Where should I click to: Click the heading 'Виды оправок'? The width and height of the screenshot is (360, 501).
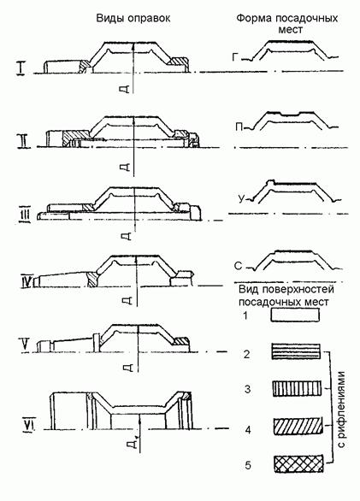pyautogui.click(x=133, y=19)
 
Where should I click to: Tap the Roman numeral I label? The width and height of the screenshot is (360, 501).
pyautogui.click(x=21, y=68)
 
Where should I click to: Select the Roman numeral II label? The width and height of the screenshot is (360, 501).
pyautogui.click(x=24, y=141)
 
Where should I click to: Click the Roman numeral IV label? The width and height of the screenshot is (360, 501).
pyautogui.click(x=27, y=281)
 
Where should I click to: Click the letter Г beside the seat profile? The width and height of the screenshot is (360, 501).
pyautogui.click(x=235, y=57)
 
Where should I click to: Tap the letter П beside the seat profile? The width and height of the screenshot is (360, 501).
pyautogui.click(x=239, y=127)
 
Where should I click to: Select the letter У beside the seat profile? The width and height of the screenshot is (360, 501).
pyautogui.click(x=241, y=199)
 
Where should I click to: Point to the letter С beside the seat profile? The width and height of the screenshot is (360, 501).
pyautogui.click(x=238, y=266)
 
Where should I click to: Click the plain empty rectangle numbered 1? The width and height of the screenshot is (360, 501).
pyautogui.click(x=295, y=315)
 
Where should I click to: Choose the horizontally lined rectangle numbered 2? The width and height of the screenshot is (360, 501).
pyautogui.click(x=296, y=351)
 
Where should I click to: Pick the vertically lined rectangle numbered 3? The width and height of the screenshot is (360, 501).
pyautogui.click(x=297, y=388)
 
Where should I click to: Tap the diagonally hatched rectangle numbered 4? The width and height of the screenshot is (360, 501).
pyautogui.click(x=298, y=426)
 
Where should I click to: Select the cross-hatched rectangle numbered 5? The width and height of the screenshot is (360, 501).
pyautogui.click(x=298, y=464)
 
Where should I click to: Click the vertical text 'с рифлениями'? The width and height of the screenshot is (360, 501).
pyautogui.click(x=341, y=410)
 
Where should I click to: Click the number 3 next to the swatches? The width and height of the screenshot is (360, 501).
pyautogui.click(x=247, y=390)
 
